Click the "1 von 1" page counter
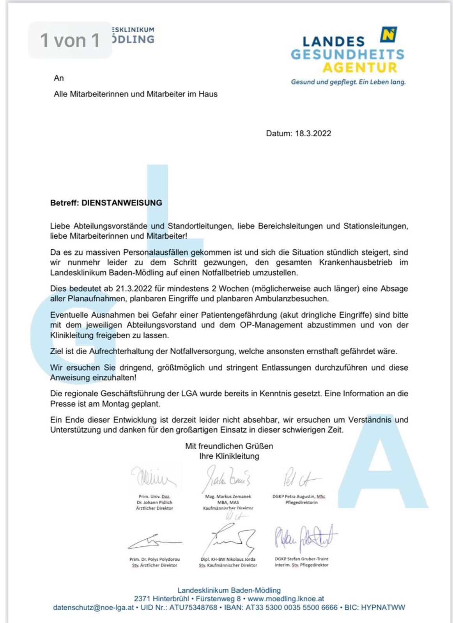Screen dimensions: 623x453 coord(70,40)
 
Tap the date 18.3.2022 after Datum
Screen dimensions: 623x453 coord(313,134)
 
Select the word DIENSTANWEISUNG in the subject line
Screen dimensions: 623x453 coord(122,203)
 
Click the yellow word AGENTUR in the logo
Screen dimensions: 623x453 coord(359,68)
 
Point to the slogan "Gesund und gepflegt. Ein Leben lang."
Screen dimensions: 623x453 coord(348,82)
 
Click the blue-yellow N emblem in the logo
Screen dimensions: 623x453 coord(388,35)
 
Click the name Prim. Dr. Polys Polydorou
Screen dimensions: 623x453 coord(154,560)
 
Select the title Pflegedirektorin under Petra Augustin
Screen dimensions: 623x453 coord(301,502)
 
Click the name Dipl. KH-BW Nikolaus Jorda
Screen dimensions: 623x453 coord(228,560)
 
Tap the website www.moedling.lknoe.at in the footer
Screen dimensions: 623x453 coord(286,599)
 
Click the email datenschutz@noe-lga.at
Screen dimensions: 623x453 coord(94,608)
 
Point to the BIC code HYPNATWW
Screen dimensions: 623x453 coord(383,608)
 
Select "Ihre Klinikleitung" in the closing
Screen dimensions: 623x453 coord(229,456)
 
